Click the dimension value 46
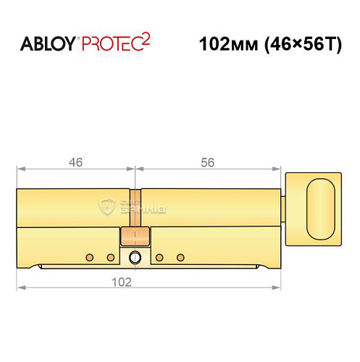click(x=75, y=162)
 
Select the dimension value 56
click(x=207, y=162)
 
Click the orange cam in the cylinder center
click(x=135, y=235)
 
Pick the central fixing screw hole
click(x=135, y=257)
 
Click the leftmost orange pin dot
click(x=90, y=257)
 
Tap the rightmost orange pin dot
click(x=180, y=257)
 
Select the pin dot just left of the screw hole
click(x=110, y=257)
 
